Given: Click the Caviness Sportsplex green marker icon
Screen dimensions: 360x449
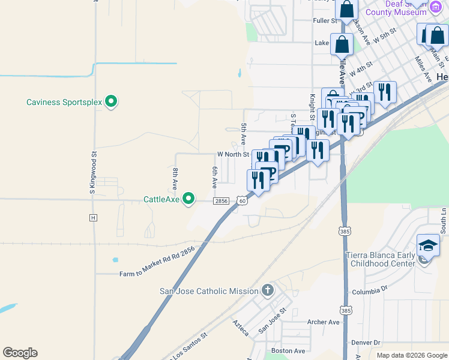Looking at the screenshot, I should [x=110, y=101].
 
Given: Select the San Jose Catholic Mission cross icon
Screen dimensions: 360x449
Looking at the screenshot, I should [x=268, y=291].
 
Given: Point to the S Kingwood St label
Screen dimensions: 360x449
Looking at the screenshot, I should [x=93, y=172].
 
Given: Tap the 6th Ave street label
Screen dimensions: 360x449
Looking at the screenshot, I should [x=214, y=178].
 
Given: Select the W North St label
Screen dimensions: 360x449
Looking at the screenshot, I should [x=233, y=154].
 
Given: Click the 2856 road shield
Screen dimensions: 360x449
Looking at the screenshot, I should [x=221, y=201].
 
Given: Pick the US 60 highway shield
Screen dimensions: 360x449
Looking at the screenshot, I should [x=241, y=201].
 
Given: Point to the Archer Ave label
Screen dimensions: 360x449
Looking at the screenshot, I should [x=324, y=322].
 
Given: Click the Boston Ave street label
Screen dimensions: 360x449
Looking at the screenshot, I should [x=288, y=350].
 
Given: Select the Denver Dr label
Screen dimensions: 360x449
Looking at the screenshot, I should [x=366, y=343].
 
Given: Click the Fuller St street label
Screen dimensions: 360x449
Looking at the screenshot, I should [x=327, y=20].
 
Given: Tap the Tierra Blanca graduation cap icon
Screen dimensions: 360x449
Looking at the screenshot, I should [x=428, y=247].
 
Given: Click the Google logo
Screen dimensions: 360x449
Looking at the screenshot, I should [x=20, y=353].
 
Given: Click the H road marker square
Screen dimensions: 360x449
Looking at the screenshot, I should [x=93, y=217].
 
